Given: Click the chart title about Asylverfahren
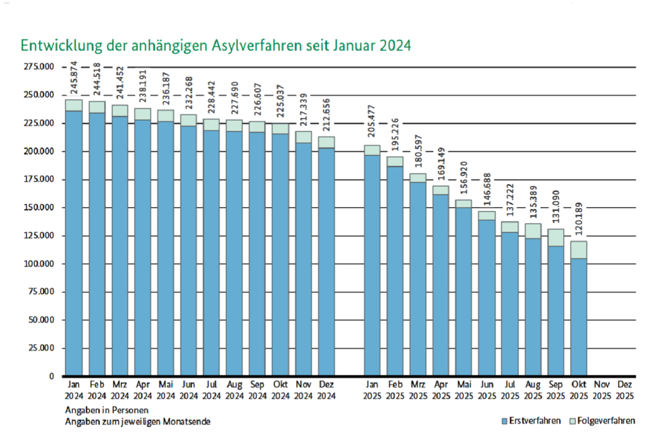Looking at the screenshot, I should pos(216,46).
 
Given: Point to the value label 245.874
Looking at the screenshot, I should pos(73,79).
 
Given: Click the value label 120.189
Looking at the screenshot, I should pos(579,220).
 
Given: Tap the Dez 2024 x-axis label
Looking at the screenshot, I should pos(326,390).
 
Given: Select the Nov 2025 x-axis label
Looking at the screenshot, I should pos(602,390).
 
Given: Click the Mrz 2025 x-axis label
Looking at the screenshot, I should pos(418,390).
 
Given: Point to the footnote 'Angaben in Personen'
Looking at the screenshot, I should pos(107,410).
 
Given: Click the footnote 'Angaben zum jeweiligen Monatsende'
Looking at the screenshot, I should pos(137,421).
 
